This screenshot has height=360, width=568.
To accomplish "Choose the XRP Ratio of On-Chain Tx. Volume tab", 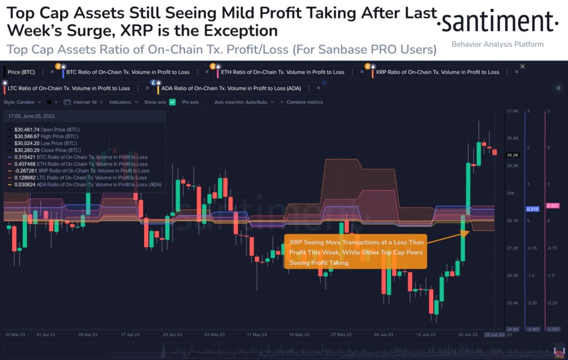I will [x=437, y=72].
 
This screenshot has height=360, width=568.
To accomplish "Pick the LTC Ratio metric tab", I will [x=69, y=88].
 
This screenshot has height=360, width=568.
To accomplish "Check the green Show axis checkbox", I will [x=173, y=102].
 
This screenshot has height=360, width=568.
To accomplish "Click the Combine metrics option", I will [x=304, y=102].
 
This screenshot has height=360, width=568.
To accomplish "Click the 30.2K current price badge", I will [x=512, y=155].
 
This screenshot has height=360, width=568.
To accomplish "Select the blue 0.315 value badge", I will [x=531, y=209].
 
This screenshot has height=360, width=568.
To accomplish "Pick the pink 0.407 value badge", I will [x=552, y=206].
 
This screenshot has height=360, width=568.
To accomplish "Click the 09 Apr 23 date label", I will [x=89, y=335].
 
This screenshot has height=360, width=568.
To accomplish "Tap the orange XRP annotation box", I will [x=355, y=252].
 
